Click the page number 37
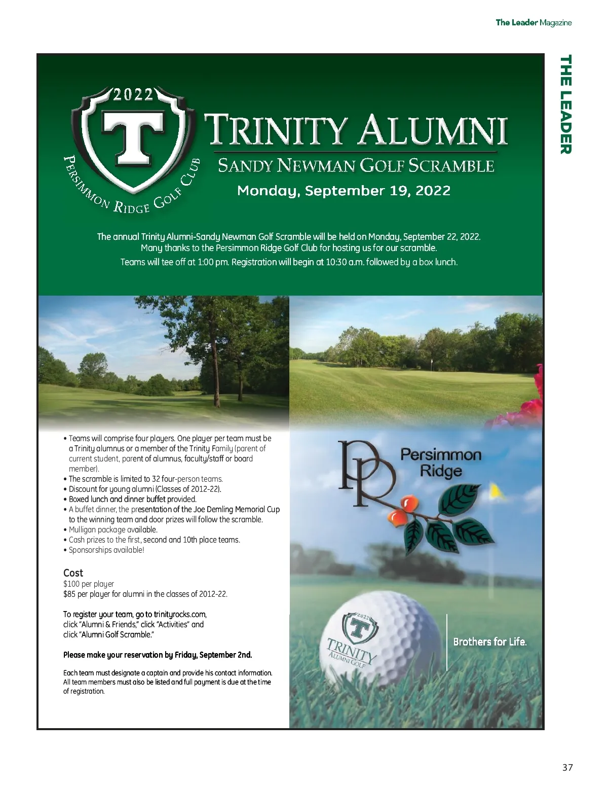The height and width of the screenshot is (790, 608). pos(567,767)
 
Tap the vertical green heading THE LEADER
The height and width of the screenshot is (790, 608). pos(565,104)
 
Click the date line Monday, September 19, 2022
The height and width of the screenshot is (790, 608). pos(344,191)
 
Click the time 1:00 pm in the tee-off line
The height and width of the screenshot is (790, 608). pos(209,262)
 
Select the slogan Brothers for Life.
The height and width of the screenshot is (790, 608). pos(490,641)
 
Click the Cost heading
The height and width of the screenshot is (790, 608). pos(73,572)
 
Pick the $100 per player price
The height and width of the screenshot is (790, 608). pos(89,584)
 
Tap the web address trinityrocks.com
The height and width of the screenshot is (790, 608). pos(180,614)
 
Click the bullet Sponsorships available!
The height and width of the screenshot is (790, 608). pos(106,550)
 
